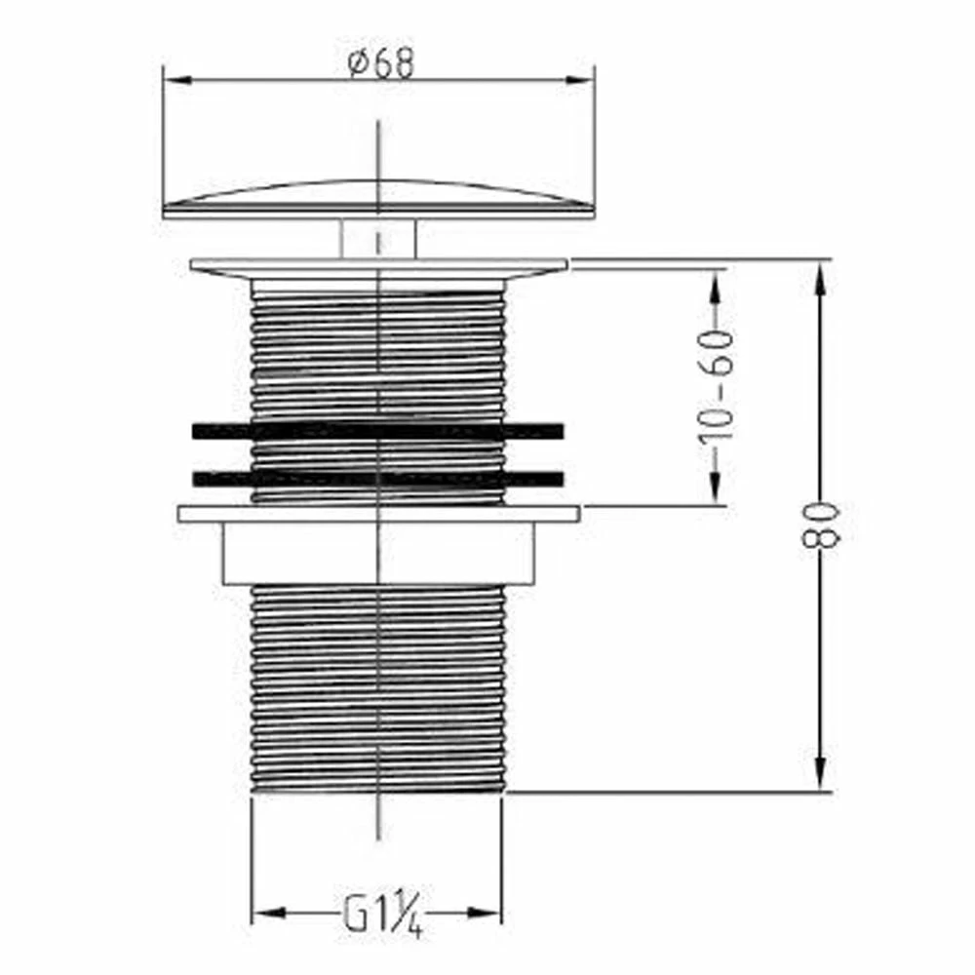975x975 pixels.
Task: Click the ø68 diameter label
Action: tap(380, 62)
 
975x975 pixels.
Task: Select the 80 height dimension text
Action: tap(821, 526)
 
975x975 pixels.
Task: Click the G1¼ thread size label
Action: tap(383, 916)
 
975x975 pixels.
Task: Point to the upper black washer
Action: tap(378, 431)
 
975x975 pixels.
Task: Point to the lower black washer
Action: tap(378, 478)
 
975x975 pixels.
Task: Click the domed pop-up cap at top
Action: tap(378, 199)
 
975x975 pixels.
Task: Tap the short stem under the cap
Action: tap(378, 238)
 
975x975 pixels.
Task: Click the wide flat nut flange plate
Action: tap(378, 514)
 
